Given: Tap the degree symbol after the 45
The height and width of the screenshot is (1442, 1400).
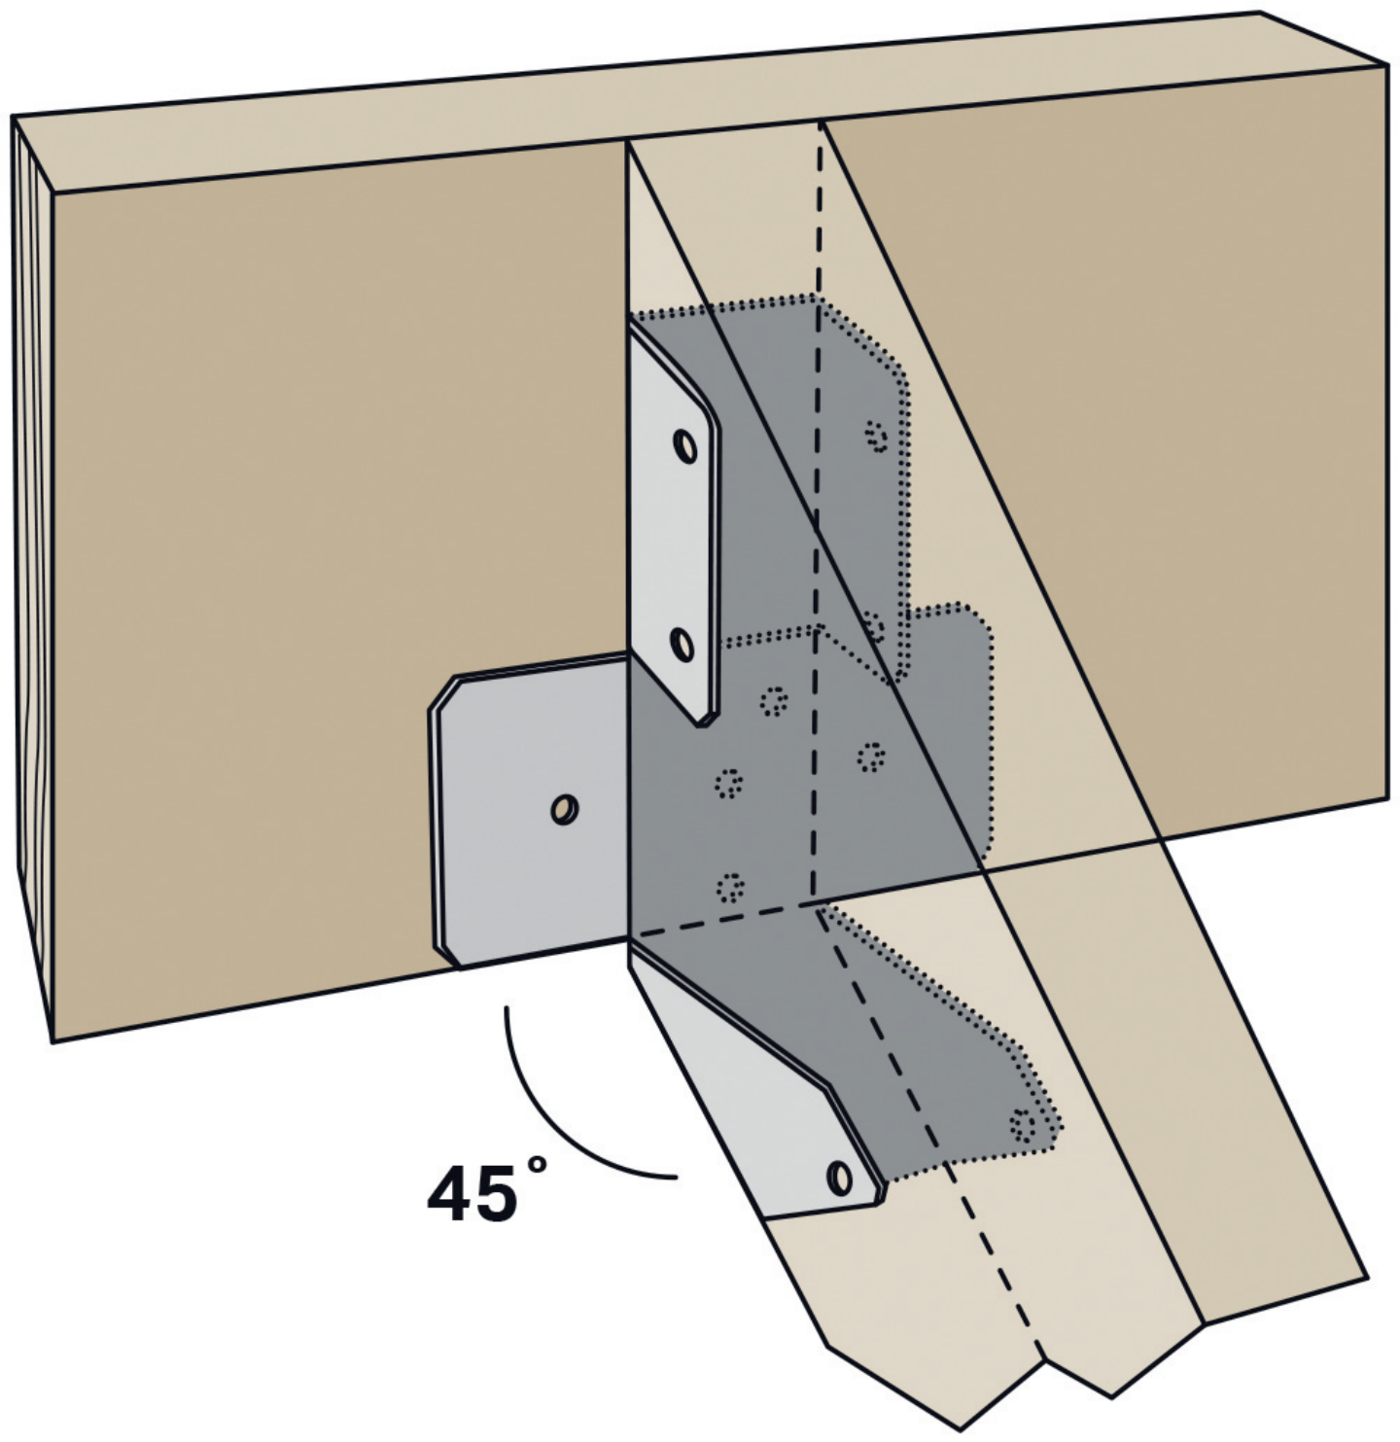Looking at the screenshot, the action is (537, 1164).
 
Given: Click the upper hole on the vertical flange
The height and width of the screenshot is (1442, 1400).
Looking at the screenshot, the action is (685, 446).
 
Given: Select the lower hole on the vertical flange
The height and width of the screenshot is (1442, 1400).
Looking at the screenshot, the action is (682, 644).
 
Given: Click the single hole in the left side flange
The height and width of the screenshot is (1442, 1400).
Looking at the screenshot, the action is (565, 809).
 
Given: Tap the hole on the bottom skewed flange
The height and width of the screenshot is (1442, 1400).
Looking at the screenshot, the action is (840, 1178).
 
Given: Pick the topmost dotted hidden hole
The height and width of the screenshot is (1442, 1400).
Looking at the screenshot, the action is (877, 437).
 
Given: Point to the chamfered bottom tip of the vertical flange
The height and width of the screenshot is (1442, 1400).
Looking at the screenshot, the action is (705, 721).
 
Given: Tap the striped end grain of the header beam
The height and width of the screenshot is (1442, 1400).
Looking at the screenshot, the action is (33, 578).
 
